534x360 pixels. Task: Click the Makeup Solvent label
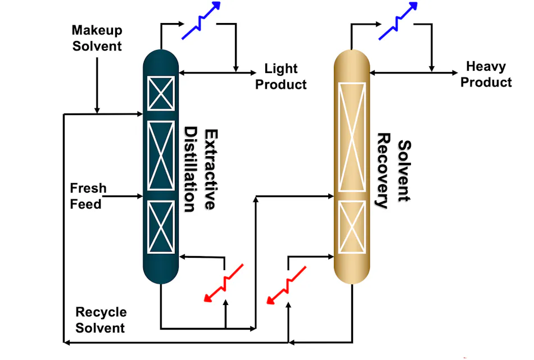click(97, 38)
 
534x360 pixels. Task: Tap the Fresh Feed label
click(88, 195)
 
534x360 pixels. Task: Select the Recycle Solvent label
click(101, 320)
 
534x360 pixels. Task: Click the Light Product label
click(281, 76)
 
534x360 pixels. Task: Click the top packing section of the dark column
click(161, 93)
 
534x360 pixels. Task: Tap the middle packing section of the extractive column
click(161, 156)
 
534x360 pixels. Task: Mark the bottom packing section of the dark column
click(161, 227)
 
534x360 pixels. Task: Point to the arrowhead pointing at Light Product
click(254, 72)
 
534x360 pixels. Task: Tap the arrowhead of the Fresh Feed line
click(140, 196)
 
